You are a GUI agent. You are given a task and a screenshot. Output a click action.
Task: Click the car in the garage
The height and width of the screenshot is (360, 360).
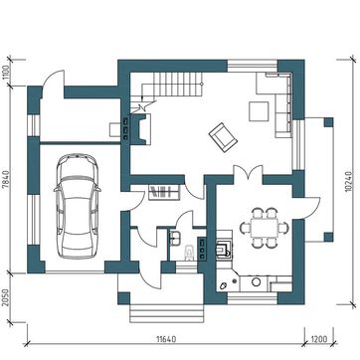(x=78, y=206)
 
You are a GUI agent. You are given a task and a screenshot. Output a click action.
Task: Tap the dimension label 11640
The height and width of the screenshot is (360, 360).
(x=165, y=339)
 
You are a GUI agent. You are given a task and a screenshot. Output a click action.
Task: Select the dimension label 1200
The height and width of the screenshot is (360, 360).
(x=319, y=339)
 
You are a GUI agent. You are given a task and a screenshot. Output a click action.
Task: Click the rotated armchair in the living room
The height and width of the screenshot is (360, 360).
(x=223, y=137)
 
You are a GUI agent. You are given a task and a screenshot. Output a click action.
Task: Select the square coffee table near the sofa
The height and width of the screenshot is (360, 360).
(x=259, y=111)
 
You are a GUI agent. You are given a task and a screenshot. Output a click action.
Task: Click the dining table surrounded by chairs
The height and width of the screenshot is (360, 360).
(x=264, y=228)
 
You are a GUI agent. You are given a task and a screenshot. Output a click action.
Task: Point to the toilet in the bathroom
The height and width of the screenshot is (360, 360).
(x=189, y=253)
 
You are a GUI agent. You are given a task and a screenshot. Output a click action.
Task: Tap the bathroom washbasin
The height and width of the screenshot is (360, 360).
(x=175, y=238)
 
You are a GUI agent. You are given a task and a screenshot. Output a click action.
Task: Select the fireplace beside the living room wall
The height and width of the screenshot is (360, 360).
(x=141, y=128)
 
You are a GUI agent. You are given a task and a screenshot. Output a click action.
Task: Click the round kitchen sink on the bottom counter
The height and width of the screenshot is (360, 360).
(x=256, y=282)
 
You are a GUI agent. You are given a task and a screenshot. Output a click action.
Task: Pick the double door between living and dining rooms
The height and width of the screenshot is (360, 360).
(x=248, y=173)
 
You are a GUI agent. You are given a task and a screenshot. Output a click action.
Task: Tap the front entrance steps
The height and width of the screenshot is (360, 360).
(x=166, y=313)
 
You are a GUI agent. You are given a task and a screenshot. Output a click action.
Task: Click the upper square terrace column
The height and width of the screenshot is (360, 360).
(x=328, y=122)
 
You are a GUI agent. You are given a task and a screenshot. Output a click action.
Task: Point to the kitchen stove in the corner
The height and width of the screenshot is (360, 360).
(x=224, y=249)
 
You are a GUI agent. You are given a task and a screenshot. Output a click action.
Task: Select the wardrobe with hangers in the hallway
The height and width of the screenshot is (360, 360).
(x=164, y=193)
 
